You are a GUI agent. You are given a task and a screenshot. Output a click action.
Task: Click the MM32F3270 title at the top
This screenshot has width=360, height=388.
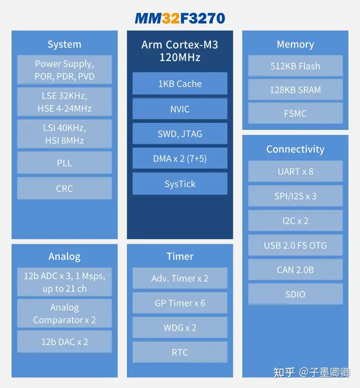point(180,18)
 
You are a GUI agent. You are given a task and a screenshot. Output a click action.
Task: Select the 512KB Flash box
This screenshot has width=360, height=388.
point(295,66)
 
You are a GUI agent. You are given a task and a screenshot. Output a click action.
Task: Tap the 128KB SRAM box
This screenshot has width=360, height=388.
point(295,90)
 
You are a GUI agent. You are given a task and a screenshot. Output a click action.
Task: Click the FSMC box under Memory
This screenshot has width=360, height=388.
point(295,113)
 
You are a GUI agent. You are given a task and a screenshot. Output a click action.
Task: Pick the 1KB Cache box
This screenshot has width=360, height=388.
point(180,84)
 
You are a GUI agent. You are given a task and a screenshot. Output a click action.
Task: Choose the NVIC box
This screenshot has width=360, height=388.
point(180,109)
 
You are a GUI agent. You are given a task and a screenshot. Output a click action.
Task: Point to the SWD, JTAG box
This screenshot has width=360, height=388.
point(180,134)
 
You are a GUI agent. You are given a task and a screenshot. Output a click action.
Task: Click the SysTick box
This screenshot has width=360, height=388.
point(180,184)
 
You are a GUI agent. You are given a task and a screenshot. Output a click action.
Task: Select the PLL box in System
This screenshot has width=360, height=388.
point(64,163)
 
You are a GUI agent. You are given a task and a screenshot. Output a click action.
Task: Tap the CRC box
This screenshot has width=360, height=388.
point(64,188)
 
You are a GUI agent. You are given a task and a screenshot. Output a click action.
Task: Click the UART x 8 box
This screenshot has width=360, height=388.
point(295,171)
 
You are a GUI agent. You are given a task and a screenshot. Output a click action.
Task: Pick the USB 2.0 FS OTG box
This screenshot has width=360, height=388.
point(295,245)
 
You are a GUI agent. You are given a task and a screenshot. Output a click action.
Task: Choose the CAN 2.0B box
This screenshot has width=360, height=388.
point(295,270)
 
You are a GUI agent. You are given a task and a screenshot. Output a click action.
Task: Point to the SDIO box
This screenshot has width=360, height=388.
point(295,294)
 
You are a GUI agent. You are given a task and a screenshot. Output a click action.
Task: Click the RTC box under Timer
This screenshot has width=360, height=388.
point(180,352)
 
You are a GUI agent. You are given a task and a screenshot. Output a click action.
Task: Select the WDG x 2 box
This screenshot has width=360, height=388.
point(180,327)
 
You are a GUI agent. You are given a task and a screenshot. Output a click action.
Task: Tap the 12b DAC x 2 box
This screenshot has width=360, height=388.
point(64,341)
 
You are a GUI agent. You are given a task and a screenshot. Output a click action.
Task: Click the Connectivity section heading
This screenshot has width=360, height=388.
point(295,149)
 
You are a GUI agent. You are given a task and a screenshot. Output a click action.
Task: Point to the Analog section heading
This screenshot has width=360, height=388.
point(64,256)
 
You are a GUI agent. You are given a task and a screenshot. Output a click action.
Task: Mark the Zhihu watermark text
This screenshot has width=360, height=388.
point(312,372)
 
